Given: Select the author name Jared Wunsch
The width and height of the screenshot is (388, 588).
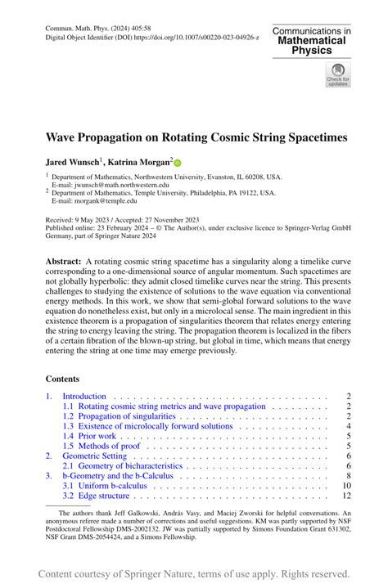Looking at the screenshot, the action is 73,163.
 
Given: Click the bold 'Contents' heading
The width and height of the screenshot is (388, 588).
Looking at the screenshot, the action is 62,379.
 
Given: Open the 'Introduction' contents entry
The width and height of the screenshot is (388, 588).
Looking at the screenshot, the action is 85,397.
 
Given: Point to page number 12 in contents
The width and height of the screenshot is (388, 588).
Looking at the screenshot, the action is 345,496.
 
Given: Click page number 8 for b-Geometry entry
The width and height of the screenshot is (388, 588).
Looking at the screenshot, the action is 348,475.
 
